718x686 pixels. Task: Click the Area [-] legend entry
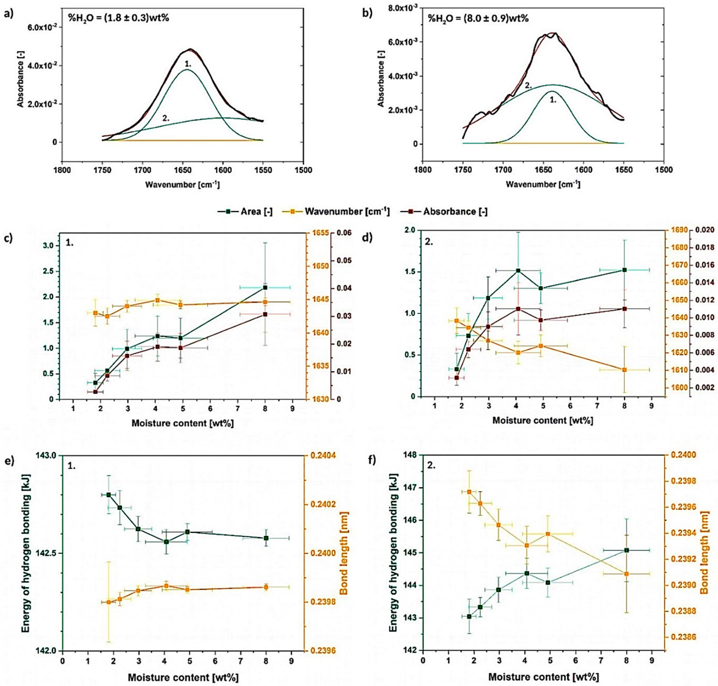(256, 211)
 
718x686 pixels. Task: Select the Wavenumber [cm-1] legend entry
(347, 211)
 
